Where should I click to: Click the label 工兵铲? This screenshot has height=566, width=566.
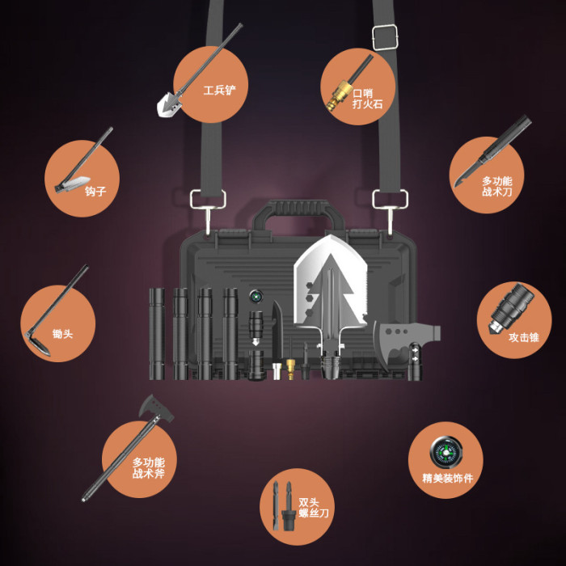pos(219,91)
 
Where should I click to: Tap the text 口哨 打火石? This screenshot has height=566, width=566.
pos(367,99)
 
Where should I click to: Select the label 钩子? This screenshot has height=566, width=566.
pos(95,191)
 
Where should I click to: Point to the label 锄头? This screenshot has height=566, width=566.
pos(62,333)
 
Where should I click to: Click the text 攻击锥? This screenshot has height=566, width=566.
pos(524,337)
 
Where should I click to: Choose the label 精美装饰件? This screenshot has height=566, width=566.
pos(448,479)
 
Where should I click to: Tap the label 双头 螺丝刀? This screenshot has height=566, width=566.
pos(314,508)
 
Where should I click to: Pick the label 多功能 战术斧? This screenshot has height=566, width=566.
pos(148,468)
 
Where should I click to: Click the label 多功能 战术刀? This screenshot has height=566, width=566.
pos(497,186)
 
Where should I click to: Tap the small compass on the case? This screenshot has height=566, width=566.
pos(256,297)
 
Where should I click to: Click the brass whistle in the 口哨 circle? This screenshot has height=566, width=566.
pos(338,95)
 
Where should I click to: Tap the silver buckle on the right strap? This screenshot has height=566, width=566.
pos(385,37)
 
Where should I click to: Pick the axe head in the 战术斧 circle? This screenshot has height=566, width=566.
pos(156,408)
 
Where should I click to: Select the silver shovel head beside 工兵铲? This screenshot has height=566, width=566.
pos(168,104)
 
